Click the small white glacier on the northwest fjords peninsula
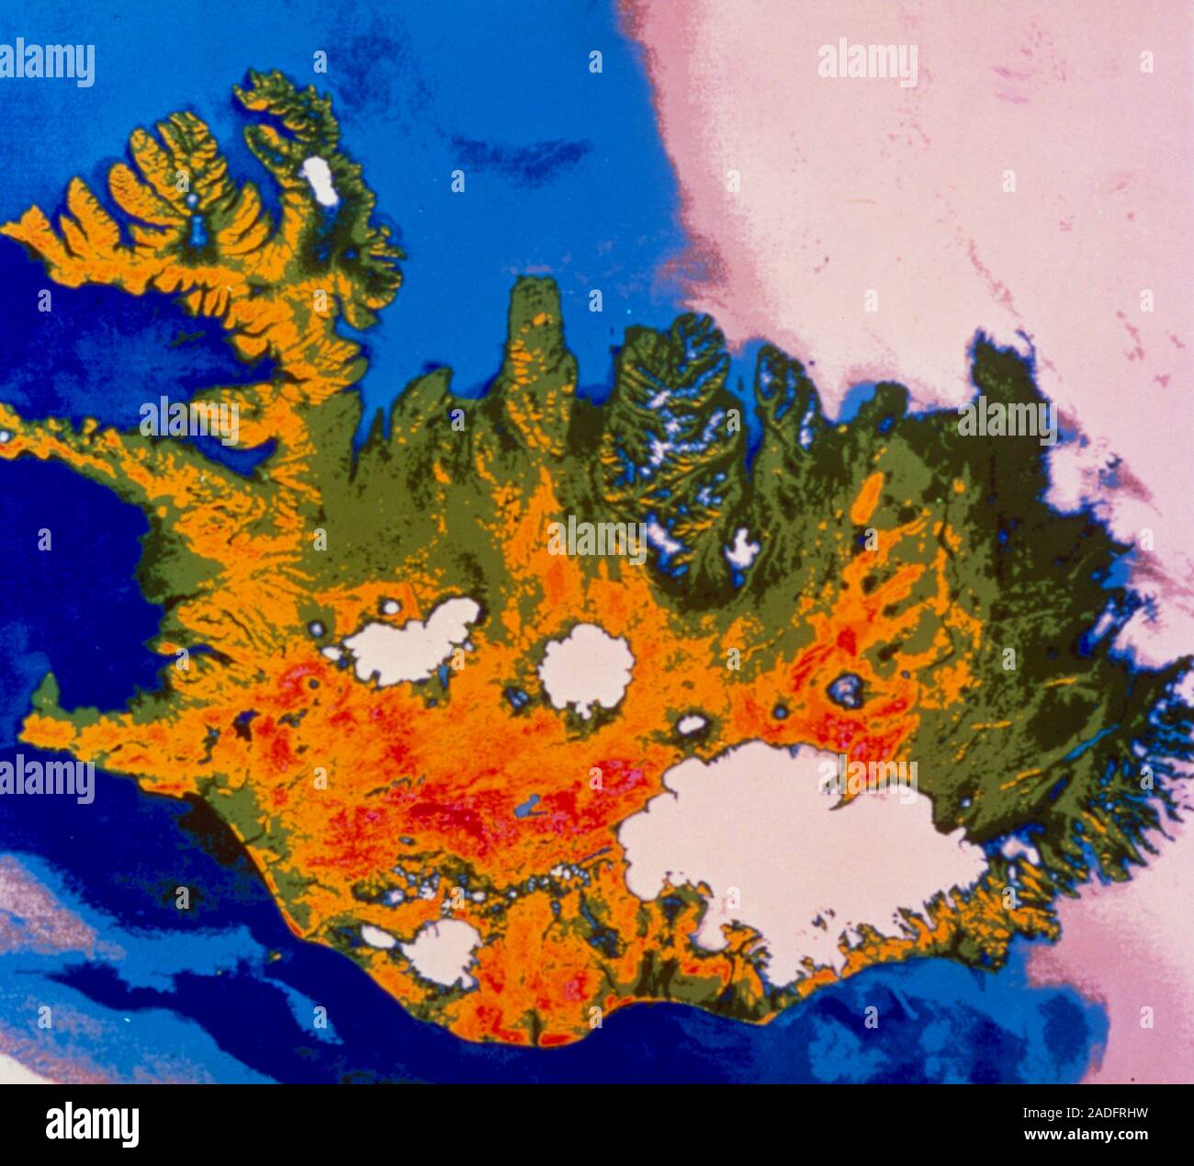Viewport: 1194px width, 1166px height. coord(320,180)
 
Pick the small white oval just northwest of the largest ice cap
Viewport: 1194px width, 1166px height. coord(691,725)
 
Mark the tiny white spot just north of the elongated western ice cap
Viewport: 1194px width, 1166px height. coord(391,606)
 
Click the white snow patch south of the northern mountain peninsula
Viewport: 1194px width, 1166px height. coord(742,549)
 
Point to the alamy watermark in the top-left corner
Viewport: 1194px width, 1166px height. coord(48,63)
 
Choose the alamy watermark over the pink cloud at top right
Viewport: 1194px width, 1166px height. coord(867,63)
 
